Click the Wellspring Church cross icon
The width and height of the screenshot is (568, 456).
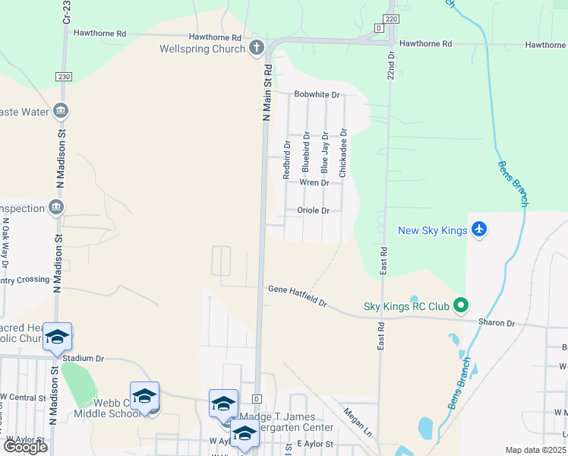click(257, 49)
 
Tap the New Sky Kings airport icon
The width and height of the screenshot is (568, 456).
click(478, 230)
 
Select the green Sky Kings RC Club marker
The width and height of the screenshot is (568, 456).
click(460, 306)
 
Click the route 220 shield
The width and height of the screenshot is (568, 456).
click(390, 18)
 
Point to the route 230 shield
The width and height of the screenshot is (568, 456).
click(63, 77)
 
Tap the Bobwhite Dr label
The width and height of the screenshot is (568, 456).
click(317, 95)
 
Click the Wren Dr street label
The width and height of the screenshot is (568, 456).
click(314, 182)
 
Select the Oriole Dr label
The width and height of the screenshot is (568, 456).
click(313, 211)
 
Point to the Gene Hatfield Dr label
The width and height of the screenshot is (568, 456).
click(297, 296)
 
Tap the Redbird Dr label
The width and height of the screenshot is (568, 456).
click(287, 159)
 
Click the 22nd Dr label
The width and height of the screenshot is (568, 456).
click(391, 66)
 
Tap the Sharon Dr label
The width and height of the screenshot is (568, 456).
click(496, 322)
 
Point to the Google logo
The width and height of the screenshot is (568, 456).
click(25, 447)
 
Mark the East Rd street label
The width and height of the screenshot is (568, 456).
click(383, 260)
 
